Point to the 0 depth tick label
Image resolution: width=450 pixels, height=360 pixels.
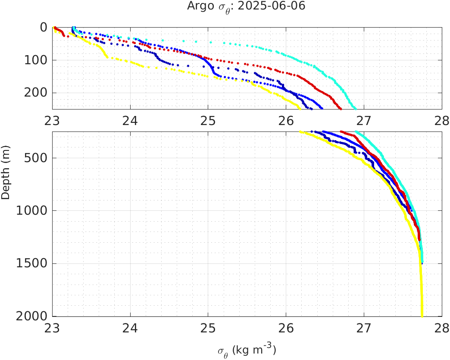44,27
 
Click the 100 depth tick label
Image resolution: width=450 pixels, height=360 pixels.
36,60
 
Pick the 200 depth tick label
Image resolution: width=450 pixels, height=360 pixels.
36,93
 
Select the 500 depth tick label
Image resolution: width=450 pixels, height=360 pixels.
36,158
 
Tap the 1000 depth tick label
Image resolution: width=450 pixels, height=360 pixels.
33,211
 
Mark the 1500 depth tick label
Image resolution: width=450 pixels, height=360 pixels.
33,263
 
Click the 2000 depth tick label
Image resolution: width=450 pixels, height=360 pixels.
33,316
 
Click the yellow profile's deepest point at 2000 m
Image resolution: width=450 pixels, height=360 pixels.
422,316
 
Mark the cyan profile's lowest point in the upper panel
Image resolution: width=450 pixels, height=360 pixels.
355,108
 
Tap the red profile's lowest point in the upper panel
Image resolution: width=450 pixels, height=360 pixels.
341,108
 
